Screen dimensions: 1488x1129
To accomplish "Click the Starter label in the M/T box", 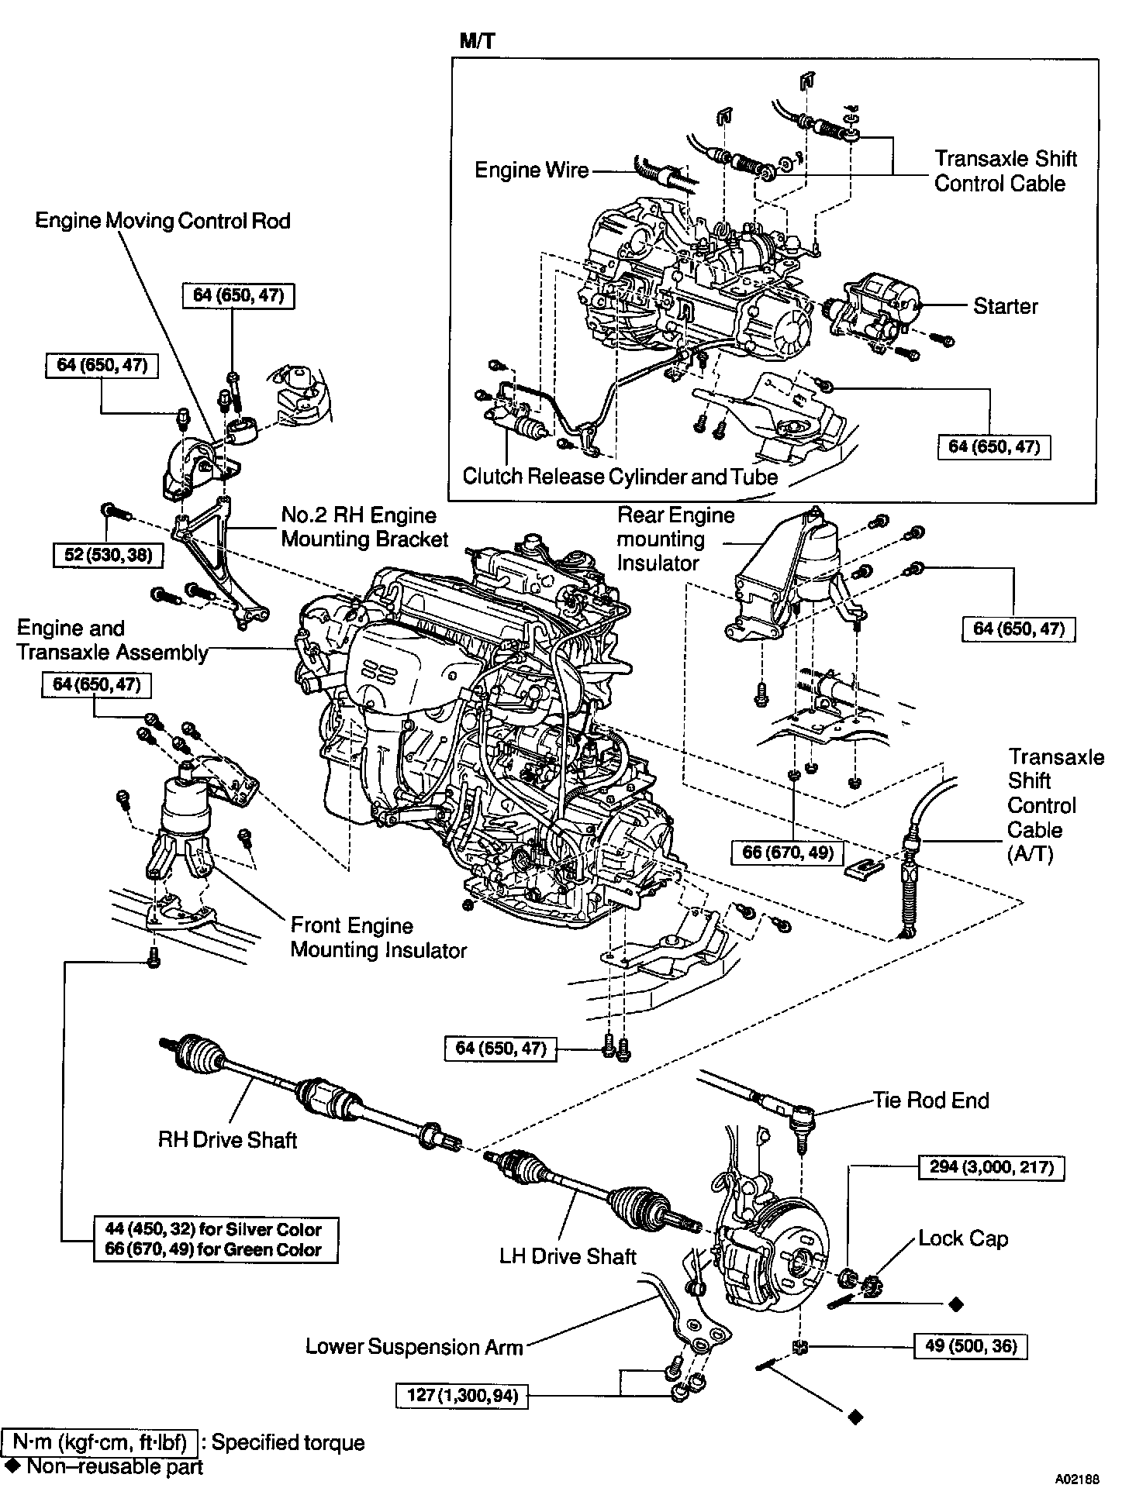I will pos(1005,306).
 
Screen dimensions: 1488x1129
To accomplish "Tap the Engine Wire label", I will pos(532,170).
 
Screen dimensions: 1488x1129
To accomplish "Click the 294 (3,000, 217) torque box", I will pos(991,1167).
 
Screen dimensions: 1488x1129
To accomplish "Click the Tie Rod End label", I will pos(930,1100).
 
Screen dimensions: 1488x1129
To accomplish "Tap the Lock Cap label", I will pos(962,1238).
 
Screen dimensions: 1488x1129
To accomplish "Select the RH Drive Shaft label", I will pos(228,1139).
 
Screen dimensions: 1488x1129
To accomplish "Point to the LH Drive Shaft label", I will pos(568,1256).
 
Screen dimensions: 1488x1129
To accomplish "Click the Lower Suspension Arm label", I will pos(414,1346).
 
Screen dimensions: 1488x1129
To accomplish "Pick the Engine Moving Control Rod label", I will pos(163,221).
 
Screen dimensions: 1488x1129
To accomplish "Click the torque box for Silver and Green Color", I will pos(216,1239).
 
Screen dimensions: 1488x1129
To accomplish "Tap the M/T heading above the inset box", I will pos(476,41).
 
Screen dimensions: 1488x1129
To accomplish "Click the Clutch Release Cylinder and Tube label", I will pos(620,476).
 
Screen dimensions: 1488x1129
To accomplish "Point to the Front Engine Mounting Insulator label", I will pos(378,938).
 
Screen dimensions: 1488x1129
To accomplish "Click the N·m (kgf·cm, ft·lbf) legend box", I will pos(100,1442).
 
